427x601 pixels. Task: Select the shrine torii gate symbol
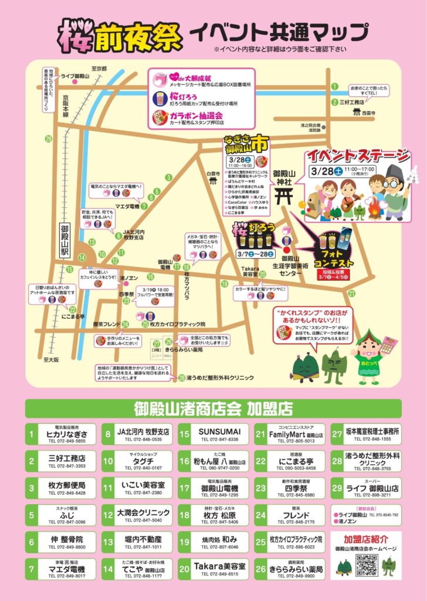coord(283,192)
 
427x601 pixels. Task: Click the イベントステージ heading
coord(357,157)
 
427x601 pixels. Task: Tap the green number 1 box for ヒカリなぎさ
coord(31,435)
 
